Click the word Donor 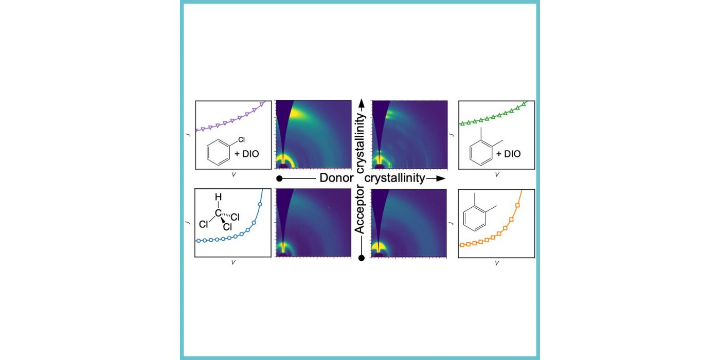(x=336, y=178)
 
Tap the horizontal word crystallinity (x=395, y=178)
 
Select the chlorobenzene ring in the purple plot (x=218, y=153)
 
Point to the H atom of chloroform (x=218, y=196)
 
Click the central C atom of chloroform (x=218, y=212)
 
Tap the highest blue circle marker (x=260, y=205)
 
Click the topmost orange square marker (x=517, y=205)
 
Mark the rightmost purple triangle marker (x=262, y=104)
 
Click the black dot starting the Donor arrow (x=279, y=178)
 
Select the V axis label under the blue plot (x=233, y=262)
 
